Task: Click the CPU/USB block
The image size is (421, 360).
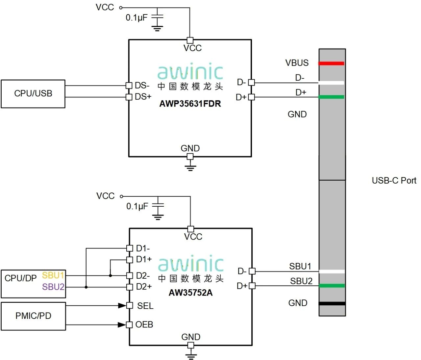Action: (x=33, y=94)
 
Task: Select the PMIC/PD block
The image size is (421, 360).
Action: (x=33, y=316)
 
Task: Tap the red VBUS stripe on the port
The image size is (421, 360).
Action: (x=332, y=63)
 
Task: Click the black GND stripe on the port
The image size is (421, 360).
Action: (x=332, y=303)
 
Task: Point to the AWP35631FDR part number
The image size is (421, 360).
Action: (x=190, y=104)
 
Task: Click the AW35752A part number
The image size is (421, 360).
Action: (x=190, y=293)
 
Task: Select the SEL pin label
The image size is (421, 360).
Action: (x=145, y=306)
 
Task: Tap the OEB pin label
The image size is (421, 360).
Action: (x=144, y=325)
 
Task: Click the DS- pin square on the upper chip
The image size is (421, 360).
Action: (x=129, y=86)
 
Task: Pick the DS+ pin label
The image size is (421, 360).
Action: (x=143, y=97)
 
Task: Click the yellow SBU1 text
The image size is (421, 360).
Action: (x=53, y=275)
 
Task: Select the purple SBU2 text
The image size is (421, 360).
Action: (x=53, y=287)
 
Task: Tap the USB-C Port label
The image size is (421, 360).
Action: (x=394, y=181)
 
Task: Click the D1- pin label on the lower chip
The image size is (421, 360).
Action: (x=143, y=248)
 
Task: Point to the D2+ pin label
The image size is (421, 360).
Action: (x=144, y=287)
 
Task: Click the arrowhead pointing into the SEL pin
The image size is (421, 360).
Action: (x=122, y=306)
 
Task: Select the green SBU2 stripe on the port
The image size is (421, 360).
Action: (x=332, y=286)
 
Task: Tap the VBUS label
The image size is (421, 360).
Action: (x=297, y=63)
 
